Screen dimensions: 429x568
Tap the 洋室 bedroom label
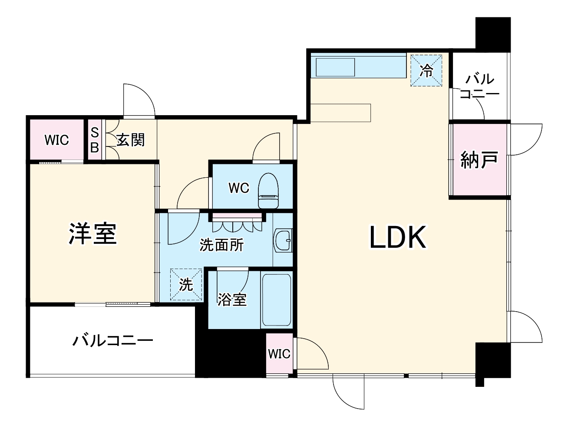click(x=93, y=233)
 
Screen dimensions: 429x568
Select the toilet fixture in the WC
click(x=268, y=191)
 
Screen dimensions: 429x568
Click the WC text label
click(x=239, y=188)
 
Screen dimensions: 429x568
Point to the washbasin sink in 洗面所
click(x=283, y=240)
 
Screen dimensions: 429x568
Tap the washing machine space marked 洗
click(x=186, y=285)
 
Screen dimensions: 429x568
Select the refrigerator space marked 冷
click(x=427, y=70)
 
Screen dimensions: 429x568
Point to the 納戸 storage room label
click(x=479, y=160)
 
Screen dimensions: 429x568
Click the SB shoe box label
click(x=95, y=140)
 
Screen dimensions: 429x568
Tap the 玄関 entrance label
click(x=130, y=140)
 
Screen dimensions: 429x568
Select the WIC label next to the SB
click(x=57, y=140)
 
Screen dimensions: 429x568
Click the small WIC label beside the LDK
click(x=279, y=354)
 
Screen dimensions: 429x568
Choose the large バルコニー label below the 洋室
click(x=112, y=339)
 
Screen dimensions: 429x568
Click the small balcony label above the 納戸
click(x=479, y=86)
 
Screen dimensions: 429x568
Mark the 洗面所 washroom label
click(x=221, y=245)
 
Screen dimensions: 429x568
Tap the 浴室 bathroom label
click(x=232, y=299)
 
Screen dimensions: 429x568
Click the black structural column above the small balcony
click(x=493, y=33)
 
